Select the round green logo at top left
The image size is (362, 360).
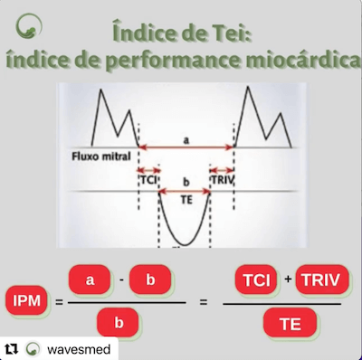[32, 25]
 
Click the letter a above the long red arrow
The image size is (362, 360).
[186, 140]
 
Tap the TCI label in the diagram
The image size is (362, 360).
[148, 179]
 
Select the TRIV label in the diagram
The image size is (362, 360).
[223, 179]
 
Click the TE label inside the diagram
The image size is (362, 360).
[186, 200]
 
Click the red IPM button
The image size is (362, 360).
[29, 300]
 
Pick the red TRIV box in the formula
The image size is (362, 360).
[321, 280]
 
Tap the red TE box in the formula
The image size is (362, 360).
[290, 321]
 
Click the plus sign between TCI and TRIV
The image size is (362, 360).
[289, 279]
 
